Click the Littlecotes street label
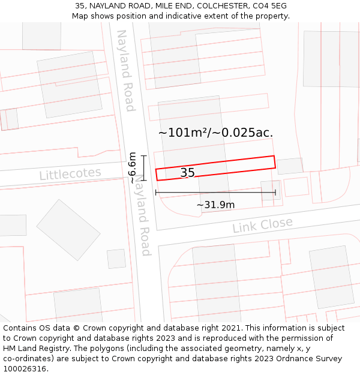(x=70, y=174)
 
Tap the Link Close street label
(x=262, y=226)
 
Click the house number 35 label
(x=187, y=173)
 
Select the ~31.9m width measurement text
(x=215, y=205)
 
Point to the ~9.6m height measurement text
(x=133, y=167)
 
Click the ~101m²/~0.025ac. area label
(x=215, y=133)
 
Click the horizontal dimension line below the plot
(x=215, y=193)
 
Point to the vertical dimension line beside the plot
(x=144, y=167)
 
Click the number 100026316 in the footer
(x=26, y=369)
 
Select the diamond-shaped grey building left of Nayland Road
(x=68, y=230)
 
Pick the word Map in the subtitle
(x=81, y=16)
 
